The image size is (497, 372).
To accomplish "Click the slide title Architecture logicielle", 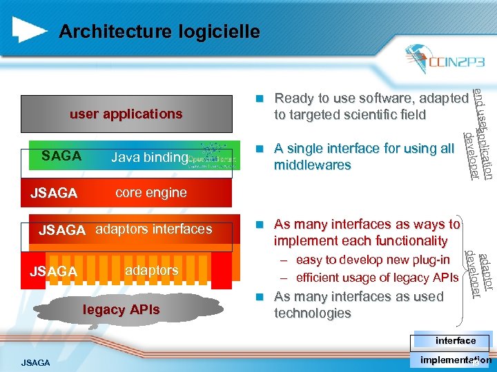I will click(x=159, y=32).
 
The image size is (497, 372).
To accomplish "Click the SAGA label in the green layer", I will click(x=61, y=156).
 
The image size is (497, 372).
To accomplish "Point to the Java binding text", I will click(x=149, y=158).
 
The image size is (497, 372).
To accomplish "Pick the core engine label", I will click(x=151, y=193).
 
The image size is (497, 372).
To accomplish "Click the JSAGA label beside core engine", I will click(x=54, y=194).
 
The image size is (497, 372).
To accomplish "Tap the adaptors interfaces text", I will click(x=153, y=229).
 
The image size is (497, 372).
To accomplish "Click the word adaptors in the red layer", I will click(x=152, y=271).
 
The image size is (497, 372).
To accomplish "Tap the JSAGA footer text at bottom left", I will click(x=35, y=362).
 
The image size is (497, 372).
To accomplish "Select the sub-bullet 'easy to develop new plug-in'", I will click(x=373, y=260).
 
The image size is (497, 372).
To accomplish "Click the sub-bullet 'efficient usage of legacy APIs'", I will click(x=377, y=278).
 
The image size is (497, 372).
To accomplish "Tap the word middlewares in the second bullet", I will click(x=313, y=165).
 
